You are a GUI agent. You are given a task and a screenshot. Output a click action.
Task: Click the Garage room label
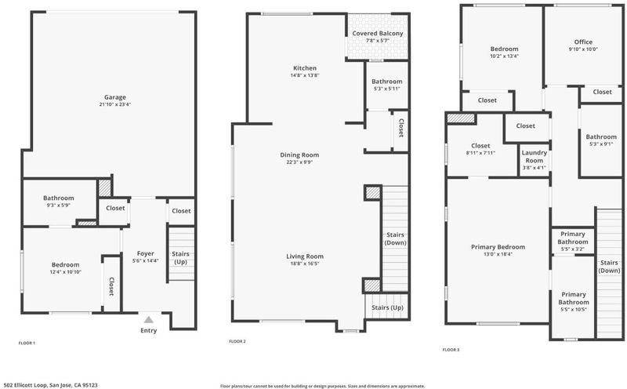coord(115,96)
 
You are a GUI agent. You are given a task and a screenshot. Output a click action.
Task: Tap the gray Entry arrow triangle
coord(149,319)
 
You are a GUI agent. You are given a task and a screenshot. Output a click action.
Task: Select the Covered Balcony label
coord(378,33)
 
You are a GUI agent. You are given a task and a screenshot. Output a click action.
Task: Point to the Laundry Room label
coord(535,157)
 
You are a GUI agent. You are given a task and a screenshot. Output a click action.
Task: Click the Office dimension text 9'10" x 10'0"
coord(583,49)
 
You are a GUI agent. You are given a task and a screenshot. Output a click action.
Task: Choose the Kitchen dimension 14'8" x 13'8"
coord(305,75)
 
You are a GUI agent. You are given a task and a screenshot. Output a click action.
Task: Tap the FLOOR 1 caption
coord(27,343)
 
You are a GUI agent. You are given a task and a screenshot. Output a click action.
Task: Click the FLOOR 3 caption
coord(451,350)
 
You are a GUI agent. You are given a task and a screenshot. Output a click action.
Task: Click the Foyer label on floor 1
coord(146,253)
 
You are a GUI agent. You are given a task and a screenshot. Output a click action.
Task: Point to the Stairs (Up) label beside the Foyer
coord(180,258)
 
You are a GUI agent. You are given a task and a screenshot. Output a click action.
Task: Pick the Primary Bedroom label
coord(498,247)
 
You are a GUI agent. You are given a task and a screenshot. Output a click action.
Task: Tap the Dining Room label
coord(299,155)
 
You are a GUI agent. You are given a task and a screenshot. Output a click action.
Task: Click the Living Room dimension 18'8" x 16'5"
coord(305,264)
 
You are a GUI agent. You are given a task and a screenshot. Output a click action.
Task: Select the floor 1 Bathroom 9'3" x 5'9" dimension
coord(58,205)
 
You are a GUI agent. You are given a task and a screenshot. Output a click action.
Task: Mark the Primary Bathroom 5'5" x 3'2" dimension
coord(573,249)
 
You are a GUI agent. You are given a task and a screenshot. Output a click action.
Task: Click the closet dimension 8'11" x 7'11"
coord(480,153)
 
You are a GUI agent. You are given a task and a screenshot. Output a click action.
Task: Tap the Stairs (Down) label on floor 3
coord(609,267)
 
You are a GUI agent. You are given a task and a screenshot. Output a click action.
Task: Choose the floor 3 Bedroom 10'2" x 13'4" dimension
coord(504,56)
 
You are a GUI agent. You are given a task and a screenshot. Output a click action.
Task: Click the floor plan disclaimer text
coord(322,386)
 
